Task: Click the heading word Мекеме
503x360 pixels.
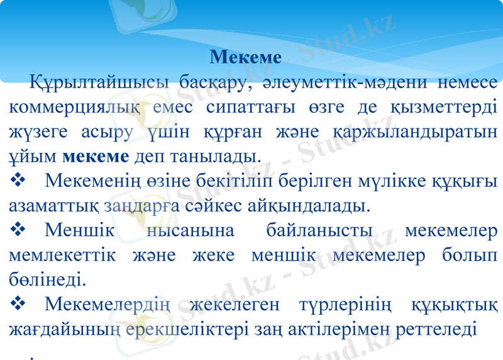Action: coord(246,57)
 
